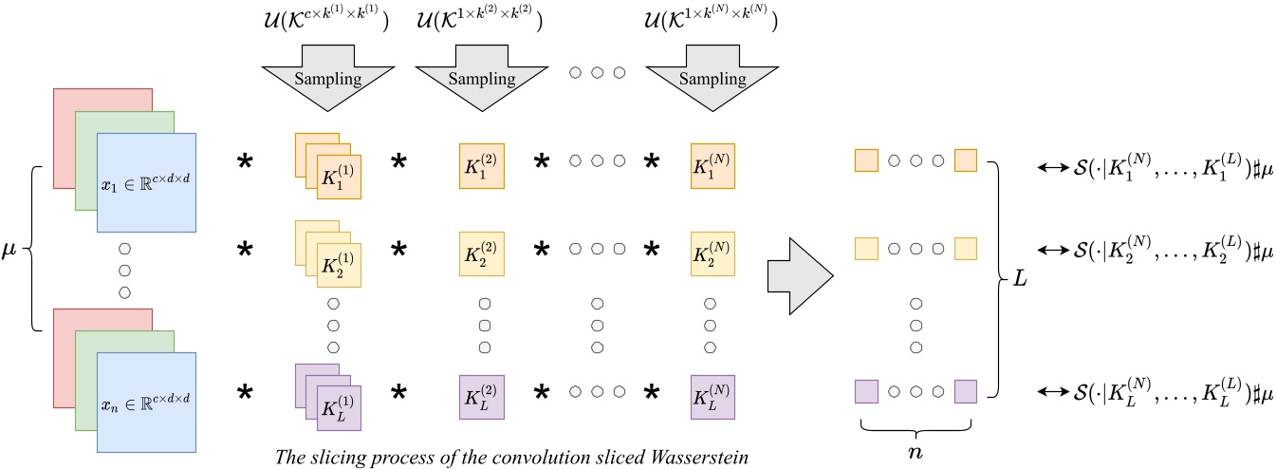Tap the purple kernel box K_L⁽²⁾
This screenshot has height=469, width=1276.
[x=481, y=397]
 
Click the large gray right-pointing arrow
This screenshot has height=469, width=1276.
[x=800, y=275]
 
